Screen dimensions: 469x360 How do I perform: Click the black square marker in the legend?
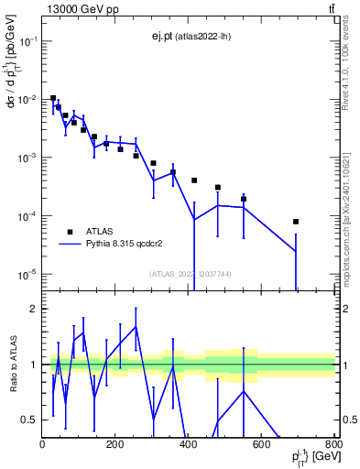(70, 233)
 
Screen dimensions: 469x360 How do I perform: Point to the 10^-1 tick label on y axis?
(29, 41)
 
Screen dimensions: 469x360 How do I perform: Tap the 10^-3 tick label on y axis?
(29, 158)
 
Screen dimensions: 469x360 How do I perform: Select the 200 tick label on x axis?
(115, 445)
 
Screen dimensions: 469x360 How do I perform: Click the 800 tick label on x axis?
(333, 445)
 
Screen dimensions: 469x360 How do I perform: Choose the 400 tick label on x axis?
(188, 445)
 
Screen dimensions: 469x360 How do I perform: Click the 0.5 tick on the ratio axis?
(31, 420)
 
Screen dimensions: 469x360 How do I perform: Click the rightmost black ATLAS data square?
(296, 222)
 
